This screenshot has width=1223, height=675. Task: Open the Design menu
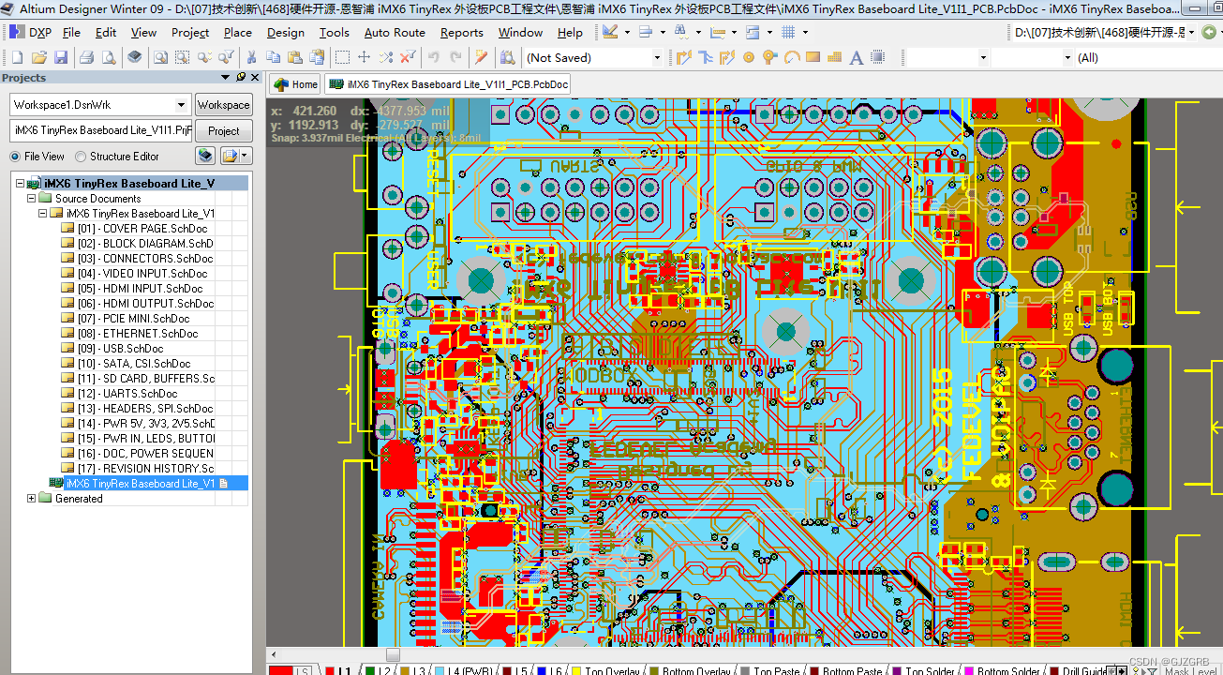coord(285,32)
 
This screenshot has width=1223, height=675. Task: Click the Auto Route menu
coord(395,32)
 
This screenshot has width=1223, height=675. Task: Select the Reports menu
coord(461,32)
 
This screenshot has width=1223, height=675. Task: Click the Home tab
coord(296,84)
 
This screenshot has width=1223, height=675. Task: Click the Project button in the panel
coord(223,130)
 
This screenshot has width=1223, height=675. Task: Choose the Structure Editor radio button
coord(82,157)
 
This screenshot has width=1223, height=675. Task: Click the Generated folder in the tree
coord(79,499)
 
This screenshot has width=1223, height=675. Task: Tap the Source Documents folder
coord(97,198)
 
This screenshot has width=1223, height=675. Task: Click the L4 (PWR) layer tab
coord(470,670)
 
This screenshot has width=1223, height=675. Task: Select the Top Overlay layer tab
coord(611,670)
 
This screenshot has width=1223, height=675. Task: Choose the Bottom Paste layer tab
coord(852,670)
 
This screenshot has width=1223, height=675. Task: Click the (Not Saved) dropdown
coord(592,57)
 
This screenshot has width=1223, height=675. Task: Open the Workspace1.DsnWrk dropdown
coord(100,105)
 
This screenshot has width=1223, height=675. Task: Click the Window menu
coord(520,32)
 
